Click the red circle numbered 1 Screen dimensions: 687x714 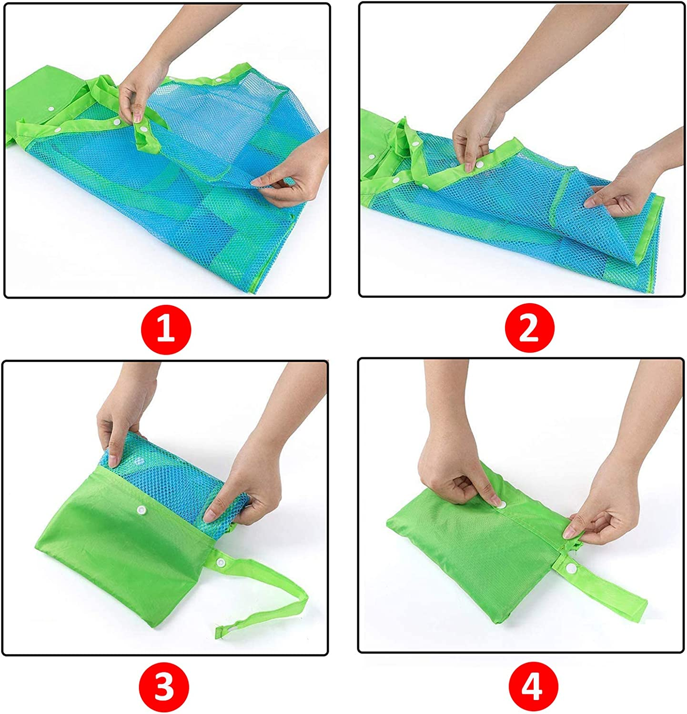click(x=166, y=329)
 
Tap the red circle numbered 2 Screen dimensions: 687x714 click(x=529, y=328)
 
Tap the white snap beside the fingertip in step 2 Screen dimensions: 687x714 click(x=479, y=164)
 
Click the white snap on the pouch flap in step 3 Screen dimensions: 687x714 click(x=141, y=510)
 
